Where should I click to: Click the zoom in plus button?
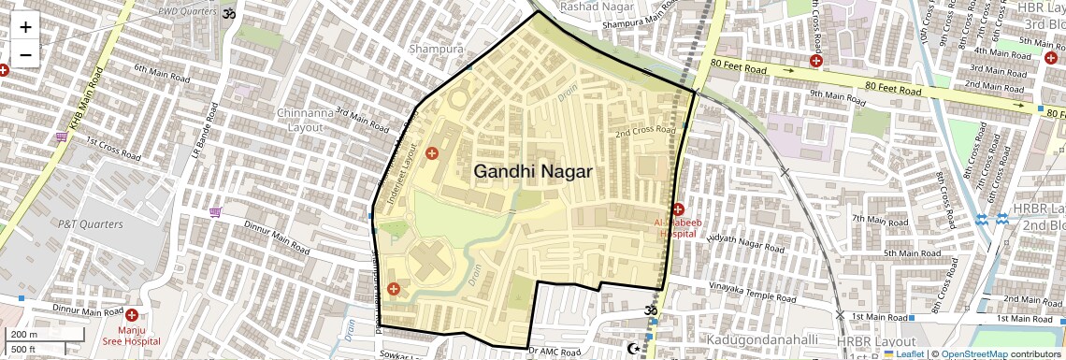tap(25, 27)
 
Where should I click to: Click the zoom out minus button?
tap(25, 54)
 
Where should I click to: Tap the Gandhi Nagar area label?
tap(533, 171)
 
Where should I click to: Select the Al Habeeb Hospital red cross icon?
tap(678, 209)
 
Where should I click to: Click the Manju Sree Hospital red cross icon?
tap(131, 316)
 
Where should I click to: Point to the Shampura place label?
tap(436, 48)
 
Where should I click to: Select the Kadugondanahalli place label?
tap(763, 338)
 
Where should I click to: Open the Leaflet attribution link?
tap(903, 354)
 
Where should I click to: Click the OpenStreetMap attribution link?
tap(973, 354)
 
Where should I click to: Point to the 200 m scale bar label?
tap(25, 334)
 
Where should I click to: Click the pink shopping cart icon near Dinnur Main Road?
tap(215, 211)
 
